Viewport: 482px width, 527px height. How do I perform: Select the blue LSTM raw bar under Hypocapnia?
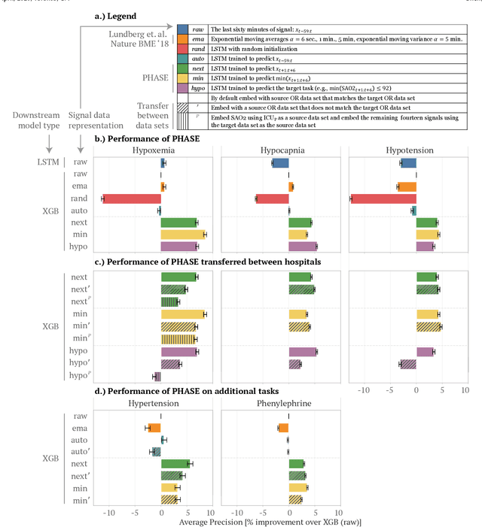tap(280, 162)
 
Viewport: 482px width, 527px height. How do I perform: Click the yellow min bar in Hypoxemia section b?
tap(183, 235)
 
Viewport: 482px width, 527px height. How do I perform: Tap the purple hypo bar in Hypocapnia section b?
tap(303, 246)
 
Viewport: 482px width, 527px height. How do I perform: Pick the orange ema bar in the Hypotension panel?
tap(407, 186)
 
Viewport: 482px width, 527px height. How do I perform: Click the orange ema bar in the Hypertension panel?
tap(154, 428)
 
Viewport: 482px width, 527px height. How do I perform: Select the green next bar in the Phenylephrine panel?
tap(296, 464)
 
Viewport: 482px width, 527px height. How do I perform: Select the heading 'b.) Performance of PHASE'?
tap(145, 138)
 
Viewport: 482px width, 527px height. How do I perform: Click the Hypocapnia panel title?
tap(288, 150)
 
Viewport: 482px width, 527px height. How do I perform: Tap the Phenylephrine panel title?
tap(288, 403)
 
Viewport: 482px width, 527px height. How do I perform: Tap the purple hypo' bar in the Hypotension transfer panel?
tap(407, 364)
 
